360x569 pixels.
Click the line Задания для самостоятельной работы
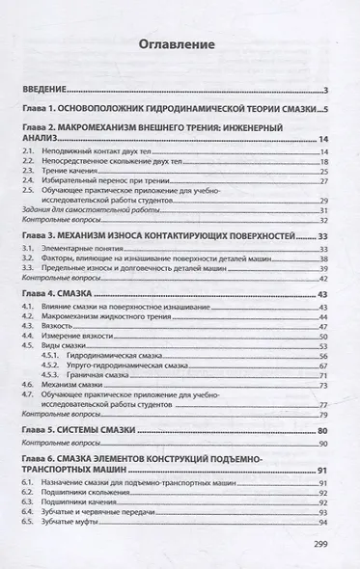[x=90, y=210]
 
